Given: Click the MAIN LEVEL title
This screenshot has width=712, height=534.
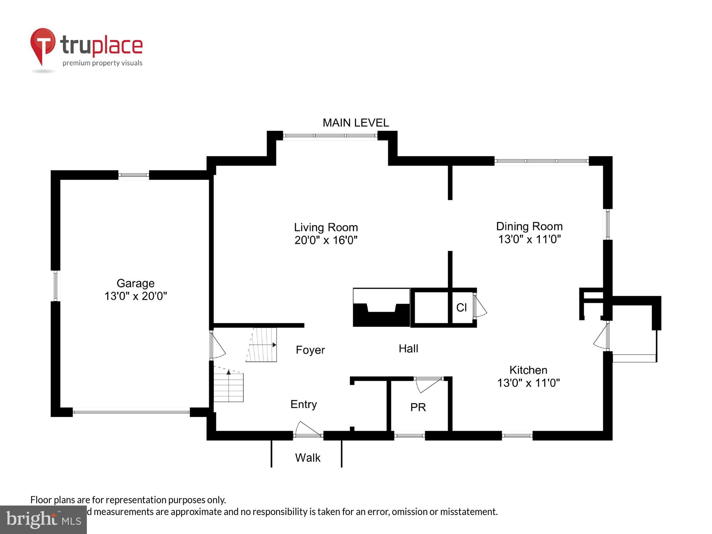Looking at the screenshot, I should click(355, 123).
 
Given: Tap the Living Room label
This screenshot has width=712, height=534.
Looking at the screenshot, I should click(326, 227).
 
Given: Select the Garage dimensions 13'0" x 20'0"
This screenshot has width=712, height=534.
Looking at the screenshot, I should click(135, 296).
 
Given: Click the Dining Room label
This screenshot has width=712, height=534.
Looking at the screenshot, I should click(529, 226).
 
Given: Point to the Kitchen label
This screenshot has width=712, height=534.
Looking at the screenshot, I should click(528, 370).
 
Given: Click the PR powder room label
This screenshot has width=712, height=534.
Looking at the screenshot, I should click(418, 407).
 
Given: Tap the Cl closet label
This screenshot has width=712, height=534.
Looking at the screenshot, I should click(461, 308).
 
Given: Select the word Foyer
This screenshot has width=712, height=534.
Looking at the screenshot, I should click(310, 350).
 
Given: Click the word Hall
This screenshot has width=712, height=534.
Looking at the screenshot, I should click(408, 349).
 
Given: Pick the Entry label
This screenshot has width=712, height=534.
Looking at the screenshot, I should click(303, 404).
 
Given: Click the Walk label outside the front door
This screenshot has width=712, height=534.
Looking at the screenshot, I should click(308, 458).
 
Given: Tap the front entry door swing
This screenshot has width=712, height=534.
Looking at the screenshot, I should click(307, 429).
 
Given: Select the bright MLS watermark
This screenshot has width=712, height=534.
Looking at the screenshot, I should click(43, 519).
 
